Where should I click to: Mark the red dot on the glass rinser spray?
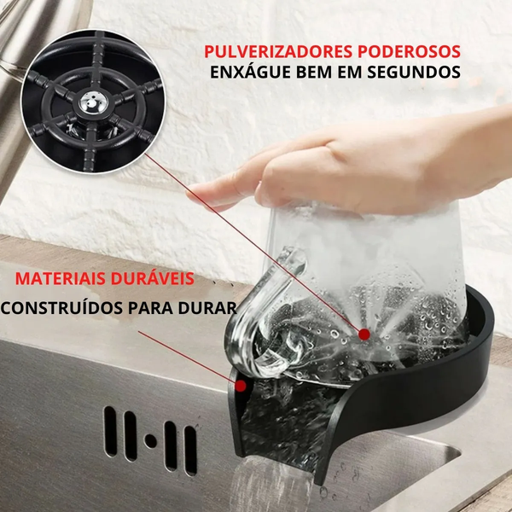click(x=365, y=333)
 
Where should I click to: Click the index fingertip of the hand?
click(x=195, y=189)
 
